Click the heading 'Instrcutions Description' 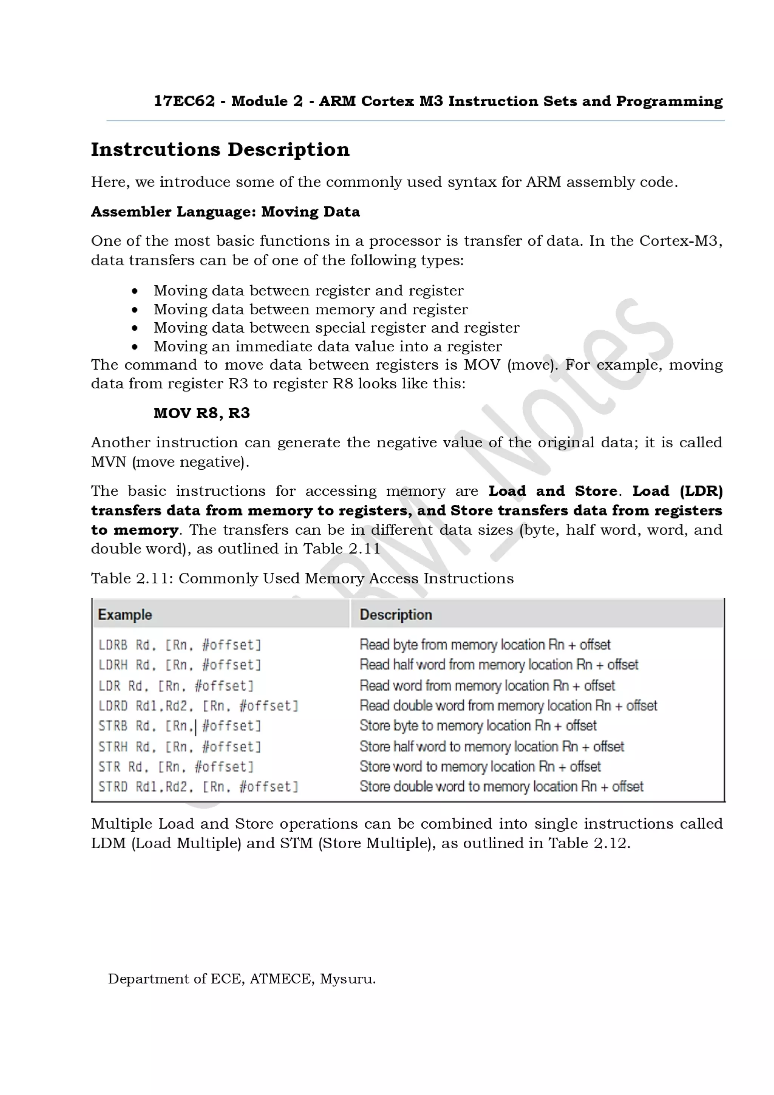click(220, 149)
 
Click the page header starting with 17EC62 click(438, 101)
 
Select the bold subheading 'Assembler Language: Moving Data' click(225, 211)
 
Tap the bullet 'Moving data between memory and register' click(310, 309)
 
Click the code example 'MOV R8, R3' click(201, 413)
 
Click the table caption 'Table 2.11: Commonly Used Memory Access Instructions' click(302, 578)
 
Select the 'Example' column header click(125, 614)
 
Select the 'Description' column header click(395, 614)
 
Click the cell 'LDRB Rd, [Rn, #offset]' click(180, 645)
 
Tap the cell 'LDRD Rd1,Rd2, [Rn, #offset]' click(198, 705)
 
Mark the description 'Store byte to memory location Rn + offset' click(477, 725)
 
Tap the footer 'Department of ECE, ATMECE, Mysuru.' click(242, 979)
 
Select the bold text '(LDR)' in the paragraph click(701, 491)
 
